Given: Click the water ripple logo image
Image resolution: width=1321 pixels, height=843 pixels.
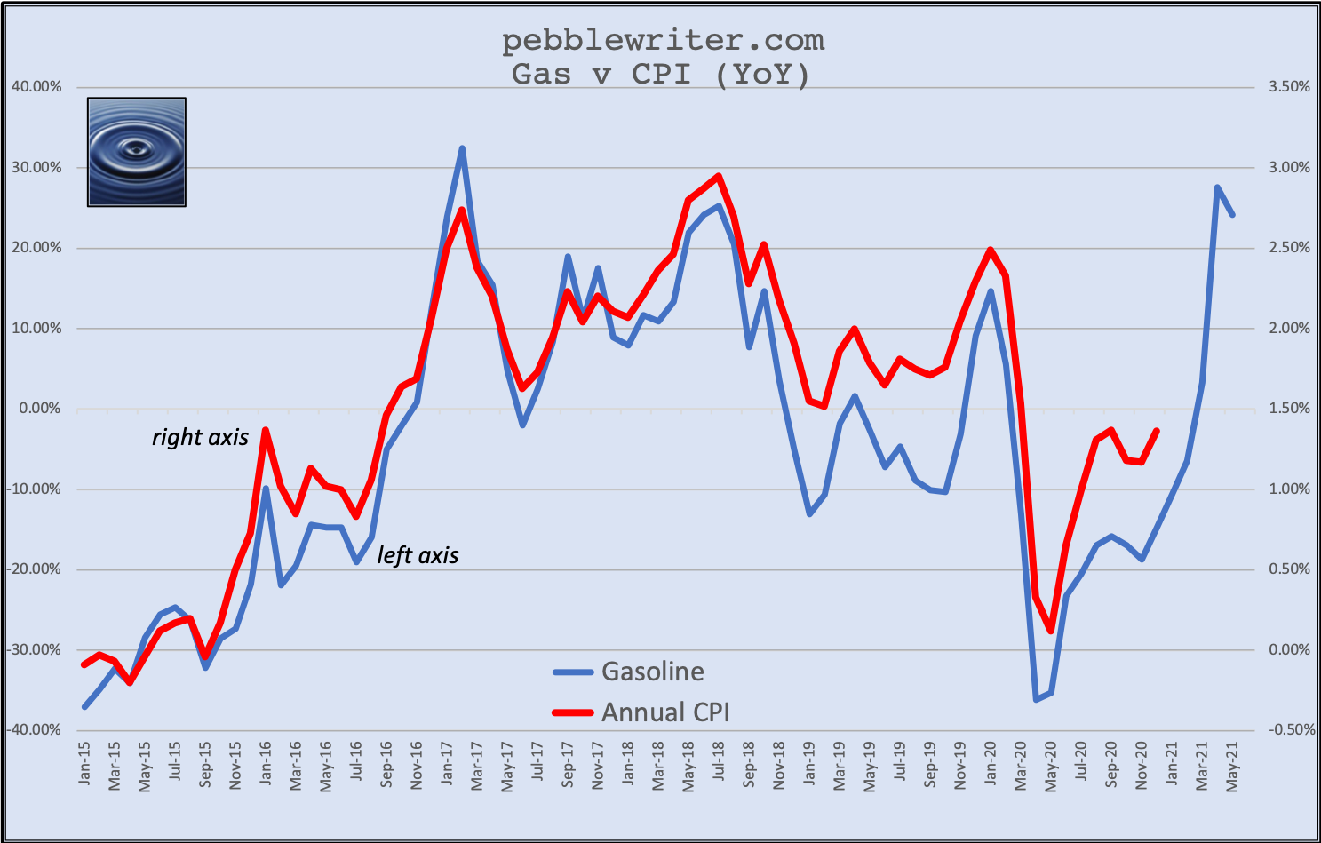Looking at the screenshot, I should [137, 152].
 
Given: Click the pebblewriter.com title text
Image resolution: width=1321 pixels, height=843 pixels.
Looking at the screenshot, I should [663, 40].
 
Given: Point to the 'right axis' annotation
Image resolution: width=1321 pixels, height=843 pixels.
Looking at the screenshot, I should [200, 437].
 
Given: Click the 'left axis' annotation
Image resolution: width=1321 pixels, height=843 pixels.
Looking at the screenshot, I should [418, 555].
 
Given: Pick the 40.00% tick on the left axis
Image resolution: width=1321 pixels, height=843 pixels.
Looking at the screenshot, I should [36, 87].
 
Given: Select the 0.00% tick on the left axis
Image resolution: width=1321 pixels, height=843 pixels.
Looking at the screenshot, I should [38, 409].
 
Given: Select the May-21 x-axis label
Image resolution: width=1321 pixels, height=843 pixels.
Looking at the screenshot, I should [1232, 765].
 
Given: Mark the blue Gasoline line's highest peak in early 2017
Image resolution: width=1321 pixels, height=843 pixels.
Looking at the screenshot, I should [462, 148].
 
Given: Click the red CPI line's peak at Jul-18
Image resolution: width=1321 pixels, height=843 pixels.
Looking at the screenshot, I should [718, 176].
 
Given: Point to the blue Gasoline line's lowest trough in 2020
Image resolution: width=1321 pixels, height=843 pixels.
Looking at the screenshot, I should [1036, 700].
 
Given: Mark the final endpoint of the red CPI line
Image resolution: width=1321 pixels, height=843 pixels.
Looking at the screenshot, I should [1157, 431].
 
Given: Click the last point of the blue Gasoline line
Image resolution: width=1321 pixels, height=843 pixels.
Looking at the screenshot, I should [1232, 215].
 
